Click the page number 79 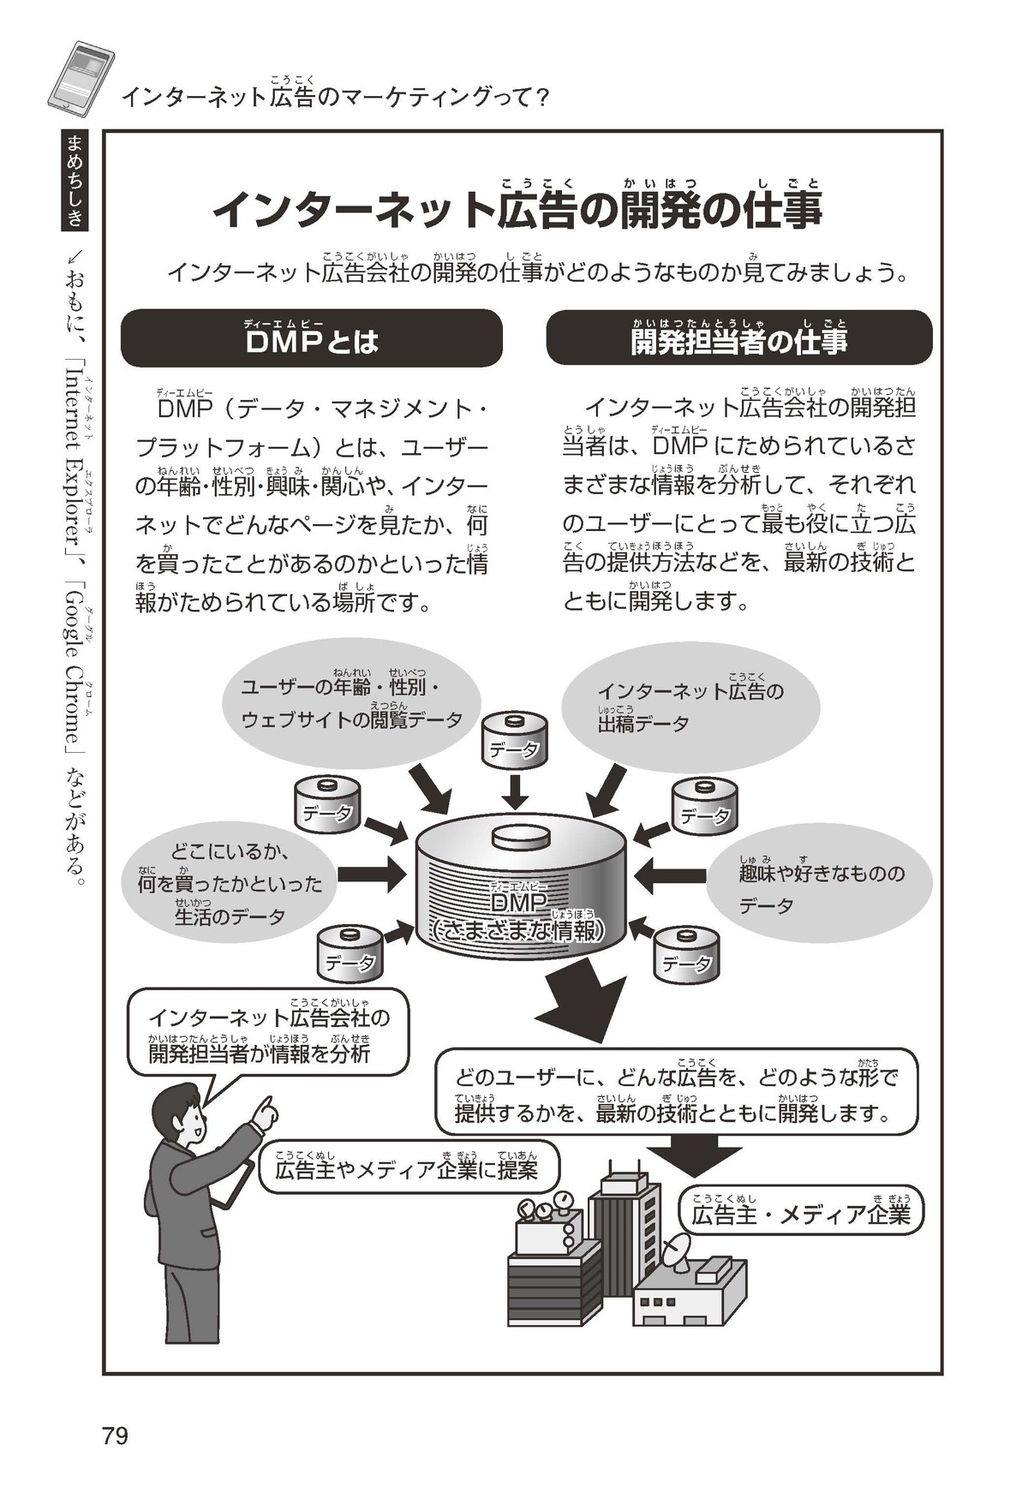coord(115,1435)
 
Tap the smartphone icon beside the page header coord(81,75)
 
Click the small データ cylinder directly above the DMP coord(514,741)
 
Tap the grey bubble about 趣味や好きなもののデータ coord(818,888)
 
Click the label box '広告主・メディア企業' coord(801,1214)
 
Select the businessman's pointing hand coord(266,1113)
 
